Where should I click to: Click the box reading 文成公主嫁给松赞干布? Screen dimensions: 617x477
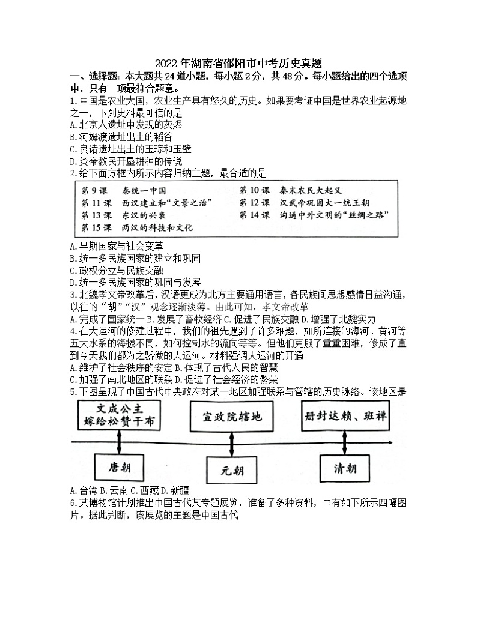[120, 415]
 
